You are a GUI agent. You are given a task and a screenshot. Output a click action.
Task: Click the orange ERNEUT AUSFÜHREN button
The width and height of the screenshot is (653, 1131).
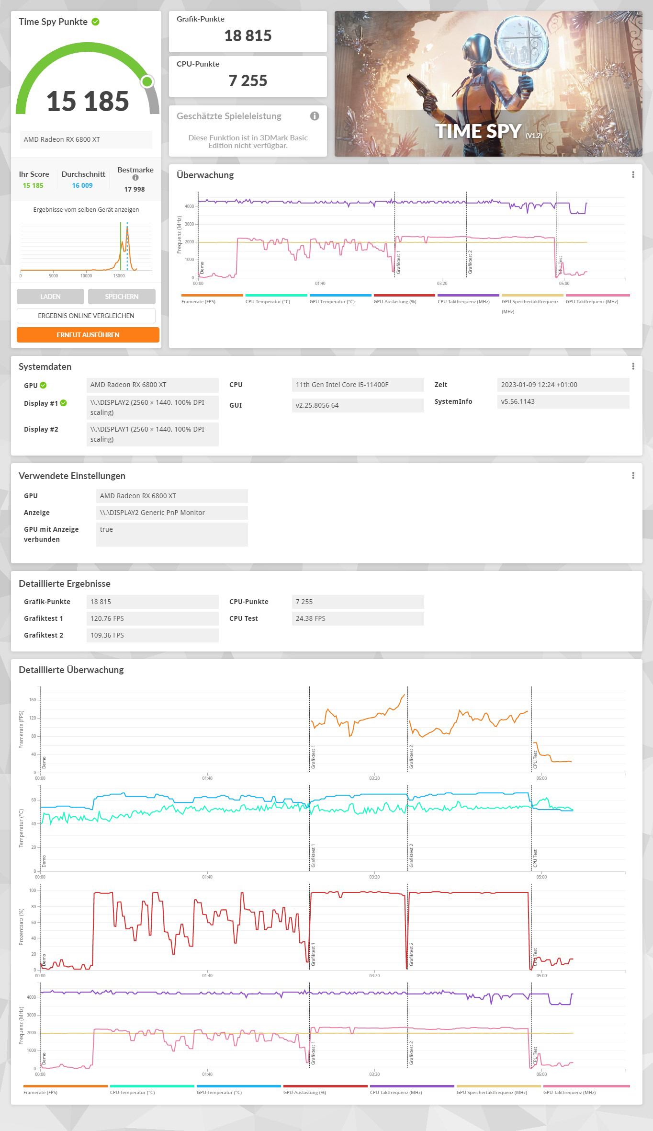(88, 335)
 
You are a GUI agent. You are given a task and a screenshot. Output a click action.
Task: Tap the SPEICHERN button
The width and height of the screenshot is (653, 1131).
(122, 297)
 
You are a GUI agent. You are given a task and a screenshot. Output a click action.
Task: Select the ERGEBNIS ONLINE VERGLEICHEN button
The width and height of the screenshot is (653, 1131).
(86, 316)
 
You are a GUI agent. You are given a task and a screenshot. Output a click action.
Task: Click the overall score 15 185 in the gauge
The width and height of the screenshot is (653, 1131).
(88, 102)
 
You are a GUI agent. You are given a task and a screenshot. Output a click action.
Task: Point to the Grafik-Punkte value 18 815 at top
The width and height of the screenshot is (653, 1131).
(248, 36)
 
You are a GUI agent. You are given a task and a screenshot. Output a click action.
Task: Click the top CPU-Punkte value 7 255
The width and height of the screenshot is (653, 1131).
(248, 81)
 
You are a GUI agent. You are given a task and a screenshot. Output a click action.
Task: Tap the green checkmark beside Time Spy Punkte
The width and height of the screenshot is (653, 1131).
(96, 22)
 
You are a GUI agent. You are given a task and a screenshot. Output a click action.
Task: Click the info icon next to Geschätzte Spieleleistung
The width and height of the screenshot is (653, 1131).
(315, 116)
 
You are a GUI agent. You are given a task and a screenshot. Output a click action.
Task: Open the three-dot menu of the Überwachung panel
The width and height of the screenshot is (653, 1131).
(633, 175)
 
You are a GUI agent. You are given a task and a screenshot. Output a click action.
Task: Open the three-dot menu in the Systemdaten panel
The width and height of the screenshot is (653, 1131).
(633, 366)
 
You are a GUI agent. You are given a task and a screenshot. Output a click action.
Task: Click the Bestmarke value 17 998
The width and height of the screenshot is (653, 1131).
(135, 189)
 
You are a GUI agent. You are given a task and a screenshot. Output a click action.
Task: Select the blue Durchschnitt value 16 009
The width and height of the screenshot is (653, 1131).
(82, 185)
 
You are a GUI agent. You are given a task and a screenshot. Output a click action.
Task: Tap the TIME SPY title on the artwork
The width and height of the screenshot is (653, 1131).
(478, 131)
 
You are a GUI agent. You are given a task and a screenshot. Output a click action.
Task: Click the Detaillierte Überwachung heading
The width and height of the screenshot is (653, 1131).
(71, 670)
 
